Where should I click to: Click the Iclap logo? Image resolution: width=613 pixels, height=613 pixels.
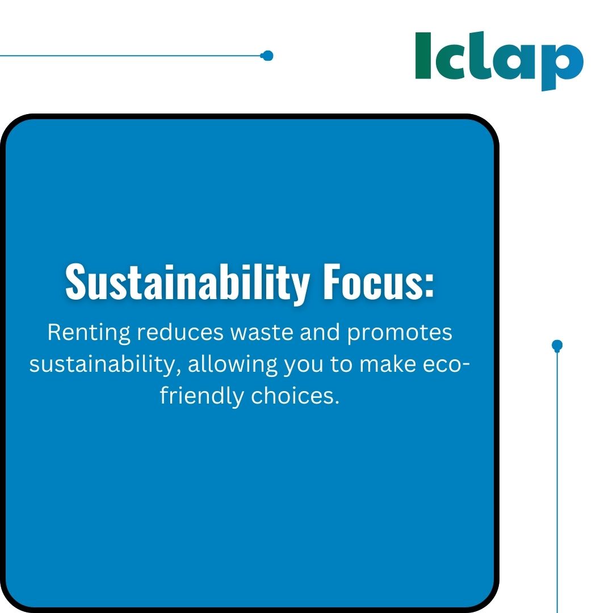point(499,60)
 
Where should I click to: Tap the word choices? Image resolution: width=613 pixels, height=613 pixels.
point(295,395)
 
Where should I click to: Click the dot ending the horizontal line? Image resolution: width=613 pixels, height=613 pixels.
point(267,56)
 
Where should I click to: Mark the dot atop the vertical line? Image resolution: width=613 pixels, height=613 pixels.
point(557,345)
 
